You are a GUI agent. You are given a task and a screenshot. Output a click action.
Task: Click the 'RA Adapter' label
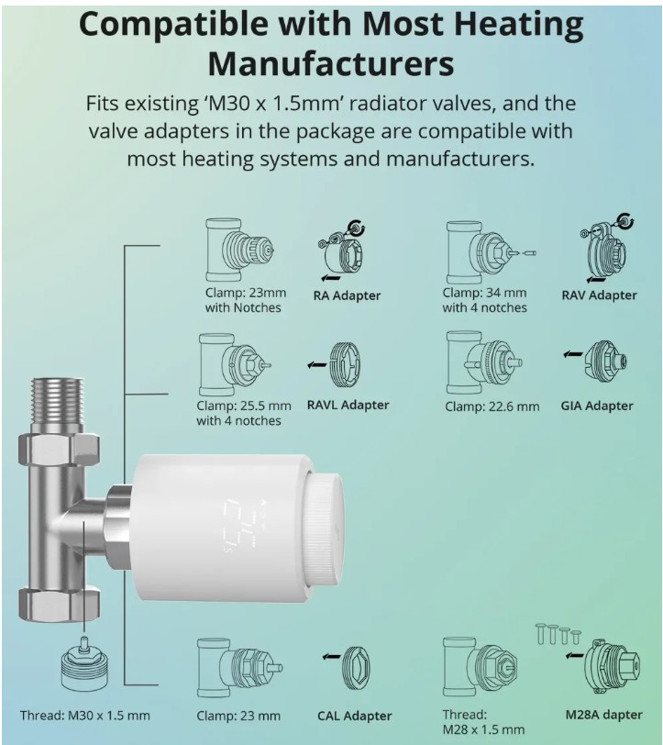[x=347, y=295]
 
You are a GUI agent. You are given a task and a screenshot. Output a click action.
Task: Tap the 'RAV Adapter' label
[x=599, y=295]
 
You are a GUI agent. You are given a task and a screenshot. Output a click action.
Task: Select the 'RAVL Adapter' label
[x=348, y=405]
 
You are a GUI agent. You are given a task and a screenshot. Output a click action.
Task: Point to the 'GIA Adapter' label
[x=596, y=406]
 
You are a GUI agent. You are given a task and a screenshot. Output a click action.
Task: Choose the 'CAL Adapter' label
[x=354, y=716]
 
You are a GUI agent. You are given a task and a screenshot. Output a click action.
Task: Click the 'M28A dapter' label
[x=603, y=715]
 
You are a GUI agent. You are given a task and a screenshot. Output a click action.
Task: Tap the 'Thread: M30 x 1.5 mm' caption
[x=85, y=715]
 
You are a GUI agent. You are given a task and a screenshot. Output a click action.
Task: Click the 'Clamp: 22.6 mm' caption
[x=492, y=406]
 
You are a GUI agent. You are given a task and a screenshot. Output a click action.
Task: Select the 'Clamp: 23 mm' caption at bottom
[x=238, y=716]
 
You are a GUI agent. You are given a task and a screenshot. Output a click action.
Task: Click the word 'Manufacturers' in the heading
[x=331, y=63]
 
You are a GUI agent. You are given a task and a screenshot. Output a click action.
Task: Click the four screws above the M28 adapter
[x=558, y=634]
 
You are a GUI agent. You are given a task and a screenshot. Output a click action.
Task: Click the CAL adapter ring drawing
[x=356, y=668]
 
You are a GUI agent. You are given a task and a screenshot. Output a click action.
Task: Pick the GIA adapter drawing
[x=605, y=362]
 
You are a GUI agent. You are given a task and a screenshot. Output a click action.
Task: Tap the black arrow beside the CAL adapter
[x=331, y=657]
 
